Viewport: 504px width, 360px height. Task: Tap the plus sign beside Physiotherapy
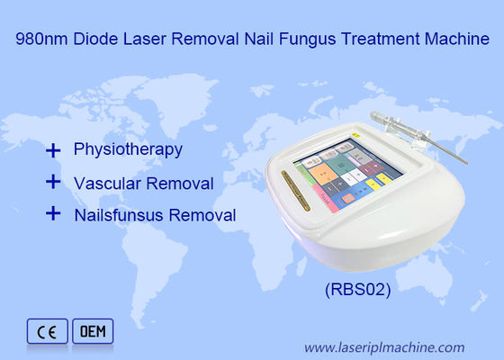pos(53,148)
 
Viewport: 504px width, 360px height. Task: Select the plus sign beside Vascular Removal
pos(53,181)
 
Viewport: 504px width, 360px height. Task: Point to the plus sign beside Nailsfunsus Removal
pos(53,214)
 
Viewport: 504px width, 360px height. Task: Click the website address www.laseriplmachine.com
pos(384,346)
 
